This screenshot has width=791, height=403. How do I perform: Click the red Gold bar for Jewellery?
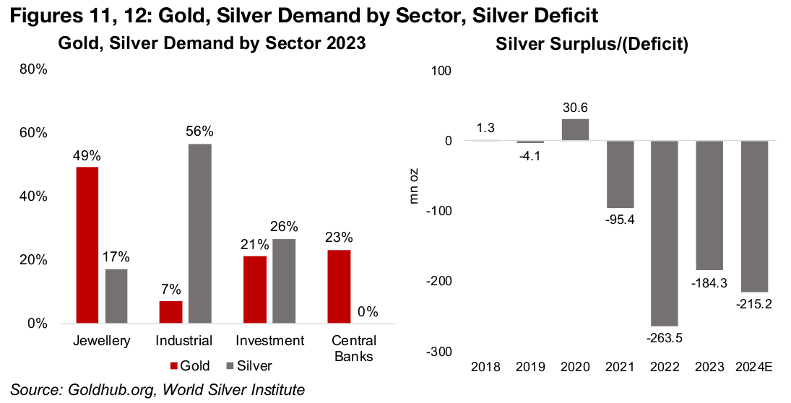pyautogui.click(x=87, y=245)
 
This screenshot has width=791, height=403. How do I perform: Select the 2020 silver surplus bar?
pyautogui.click(x=576, y=129)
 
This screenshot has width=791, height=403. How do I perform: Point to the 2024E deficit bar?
pyautogui.click(x=753, y=216)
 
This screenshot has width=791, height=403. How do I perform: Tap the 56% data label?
pyautogui.click(x=200, y=131)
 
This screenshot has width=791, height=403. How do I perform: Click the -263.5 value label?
pyautogui.click(x=665, y=337)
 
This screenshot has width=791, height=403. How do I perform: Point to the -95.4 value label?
pyautogui.click(x=620, y=220)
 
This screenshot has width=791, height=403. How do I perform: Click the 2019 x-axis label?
pyautogui.click(x=531, y=368)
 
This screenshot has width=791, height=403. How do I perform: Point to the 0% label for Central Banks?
pyautogui.click(x=367, y=312)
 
